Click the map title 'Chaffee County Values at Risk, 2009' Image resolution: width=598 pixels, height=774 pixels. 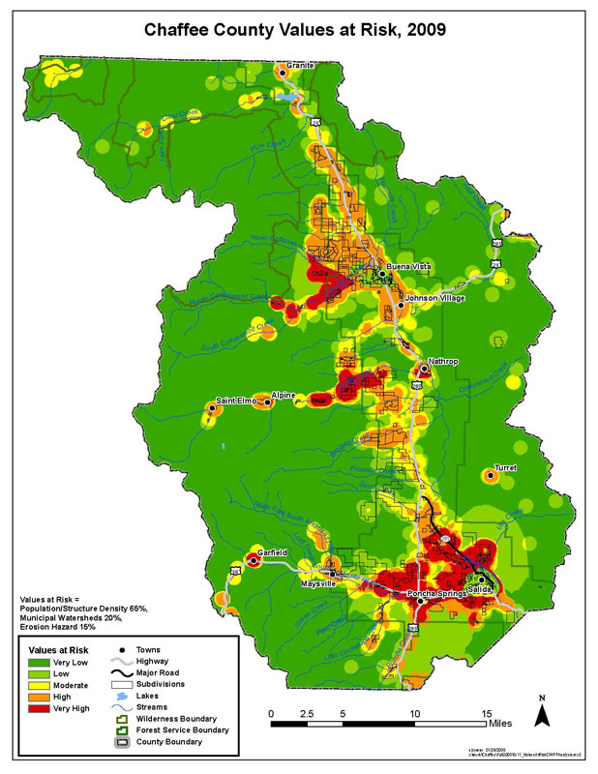click(x=298, y=30)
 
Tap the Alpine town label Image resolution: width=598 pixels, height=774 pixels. click(x=284, y=395)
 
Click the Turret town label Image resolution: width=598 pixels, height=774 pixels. click(x=506, y=467)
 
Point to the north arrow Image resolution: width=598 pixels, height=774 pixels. click(x=545, y=711)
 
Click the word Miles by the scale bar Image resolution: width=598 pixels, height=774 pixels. click(x=501, y=723)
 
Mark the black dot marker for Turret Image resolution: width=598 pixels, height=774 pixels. click(x=489, y=475)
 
